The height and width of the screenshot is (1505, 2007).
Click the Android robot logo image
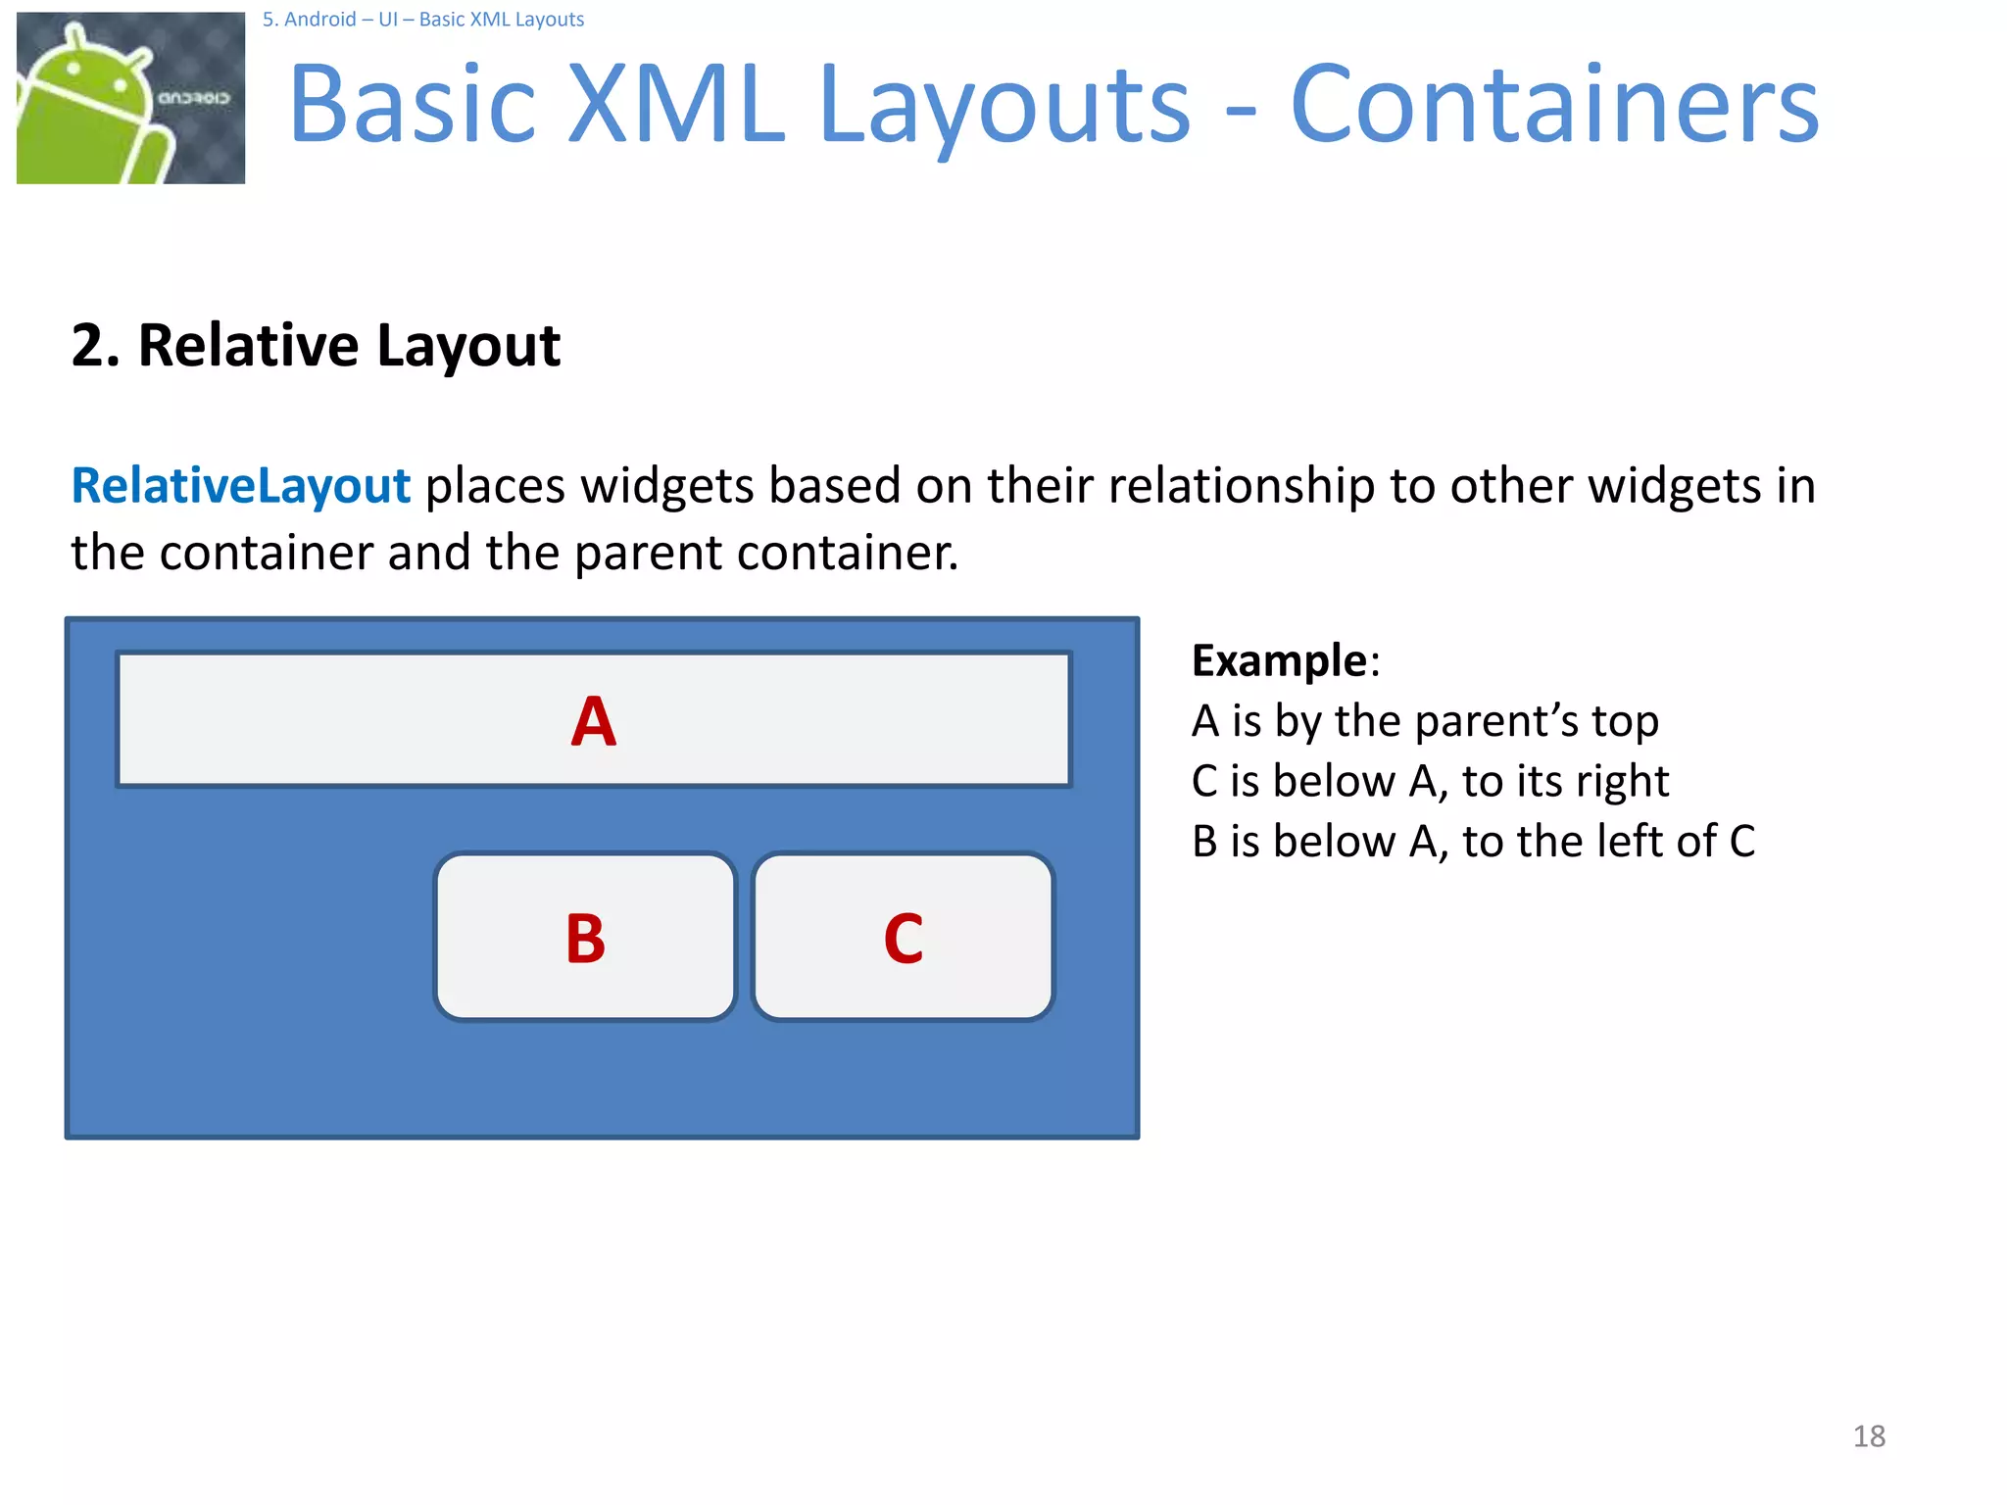point(130,98)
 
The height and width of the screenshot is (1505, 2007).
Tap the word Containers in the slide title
point(1554,105)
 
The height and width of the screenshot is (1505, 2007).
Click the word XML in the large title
point(676,105)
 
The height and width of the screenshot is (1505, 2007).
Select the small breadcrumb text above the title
point(422,20)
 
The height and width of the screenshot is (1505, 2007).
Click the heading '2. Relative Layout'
point(316,345)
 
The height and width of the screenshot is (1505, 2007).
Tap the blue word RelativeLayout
point(241,486)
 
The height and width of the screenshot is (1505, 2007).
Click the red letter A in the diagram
point(594,722)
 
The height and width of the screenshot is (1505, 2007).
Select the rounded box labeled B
point(585,937)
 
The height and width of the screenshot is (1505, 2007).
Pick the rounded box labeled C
point(903,937)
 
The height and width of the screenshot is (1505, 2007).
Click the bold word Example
point(1279,660)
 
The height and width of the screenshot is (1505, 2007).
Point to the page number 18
point(1869,1436)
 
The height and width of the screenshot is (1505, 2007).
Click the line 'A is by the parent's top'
point(1425,721)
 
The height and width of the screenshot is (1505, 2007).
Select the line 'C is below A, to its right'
point(1430,782)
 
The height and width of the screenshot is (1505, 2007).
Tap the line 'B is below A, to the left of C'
point(1473,842)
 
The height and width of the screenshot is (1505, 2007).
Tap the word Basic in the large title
point(413,105)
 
